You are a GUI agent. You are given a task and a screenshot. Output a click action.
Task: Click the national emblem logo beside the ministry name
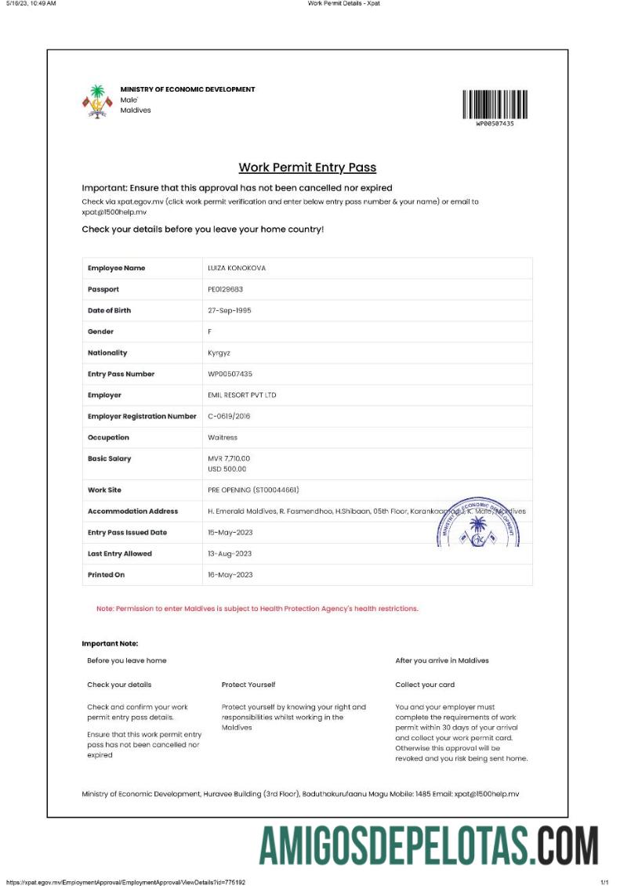[x=97, y=101]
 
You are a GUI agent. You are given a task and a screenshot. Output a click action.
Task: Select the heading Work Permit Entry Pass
[x=307, y=168]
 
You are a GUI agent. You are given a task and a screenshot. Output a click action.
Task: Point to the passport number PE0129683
[x=226, y=289]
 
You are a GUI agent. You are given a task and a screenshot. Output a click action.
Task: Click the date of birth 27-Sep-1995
[x=230, y=310]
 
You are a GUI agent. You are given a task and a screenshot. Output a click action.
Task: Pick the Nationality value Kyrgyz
[x=219, y=353]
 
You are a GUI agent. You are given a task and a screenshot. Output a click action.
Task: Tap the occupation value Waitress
[x=223, y=437]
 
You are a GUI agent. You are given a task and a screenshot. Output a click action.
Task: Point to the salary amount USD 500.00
[x=227, y=468]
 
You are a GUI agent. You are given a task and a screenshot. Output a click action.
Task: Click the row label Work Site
[x=104, y=490]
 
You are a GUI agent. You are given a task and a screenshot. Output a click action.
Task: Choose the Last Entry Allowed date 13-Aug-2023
[x=230, y=553]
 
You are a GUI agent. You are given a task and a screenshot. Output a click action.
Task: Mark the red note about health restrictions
[x=257, y=609]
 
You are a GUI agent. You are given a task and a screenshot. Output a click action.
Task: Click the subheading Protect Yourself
[x=248, y=685]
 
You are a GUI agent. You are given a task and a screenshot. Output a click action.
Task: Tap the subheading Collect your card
[x=425, y=685]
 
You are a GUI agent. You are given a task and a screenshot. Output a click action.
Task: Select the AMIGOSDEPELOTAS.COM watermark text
[x=428, y=845]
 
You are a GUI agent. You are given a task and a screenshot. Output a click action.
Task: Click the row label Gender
[x=101, y=331]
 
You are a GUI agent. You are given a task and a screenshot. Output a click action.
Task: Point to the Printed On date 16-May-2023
[x=230, y=574]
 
